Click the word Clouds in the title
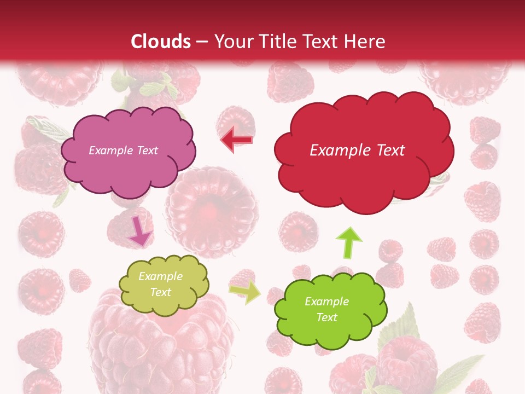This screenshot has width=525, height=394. tap(161, 42)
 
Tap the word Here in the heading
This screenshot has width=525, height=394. tap(366, 42)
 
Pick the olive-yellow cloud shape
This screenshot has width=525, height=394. tap(164, 285)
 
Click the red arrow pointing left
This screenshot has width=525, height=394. tap(236, 140)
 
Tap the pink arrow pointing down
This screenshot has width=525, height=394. tap(139, 232)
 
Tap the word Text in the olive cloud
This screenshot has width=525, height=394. tap(161, 293)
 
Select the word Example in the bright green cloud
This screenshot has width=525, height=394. tap(326, 302)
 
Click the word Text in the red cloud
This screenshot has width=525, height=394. tap(388, 150)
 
